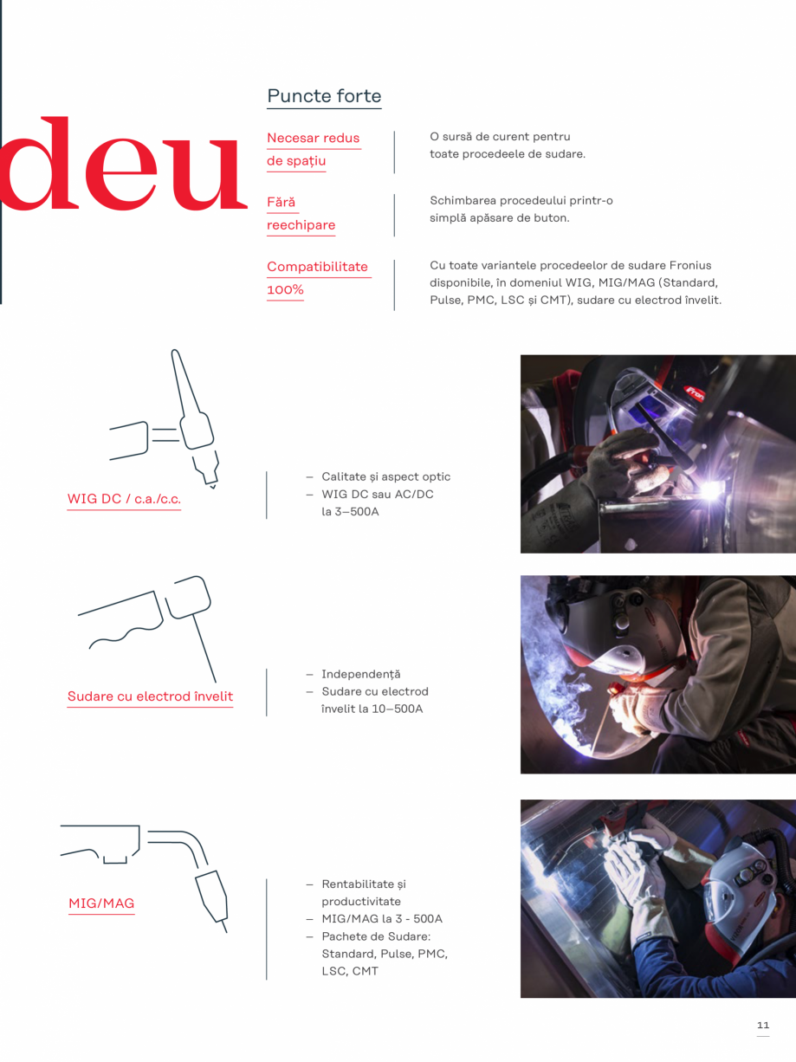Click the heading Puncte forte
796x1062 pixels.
coord(324,96)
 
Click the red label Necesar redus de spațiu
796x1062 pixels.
coord(313,149)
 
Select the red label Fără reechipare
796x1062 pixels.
coord(300,214)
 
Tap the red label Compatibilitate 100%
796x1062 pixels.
coord(317,278)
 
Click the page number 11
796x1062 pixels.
coord(762,1026)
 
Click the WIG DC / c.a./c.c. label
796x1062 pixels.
coord(124,500)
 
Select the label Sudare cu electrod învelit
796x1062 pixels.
coord(150,696)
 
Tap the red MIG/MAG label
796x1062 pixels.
coord(101,904)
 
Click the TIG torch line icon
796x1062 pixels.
coord(173,421)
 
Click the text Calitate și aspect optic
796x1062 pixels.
coord(385,477)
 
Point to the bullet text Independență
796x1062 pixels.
coord(360,675)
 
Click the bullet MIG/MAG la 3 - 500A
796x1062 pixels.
coord(381,919)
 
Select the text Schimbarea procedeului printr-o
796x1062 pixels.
coord(521,201)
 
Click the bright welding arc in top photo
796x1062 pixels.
coord(712,490)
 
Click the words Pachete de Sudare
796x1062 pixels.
coord(375,936)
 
